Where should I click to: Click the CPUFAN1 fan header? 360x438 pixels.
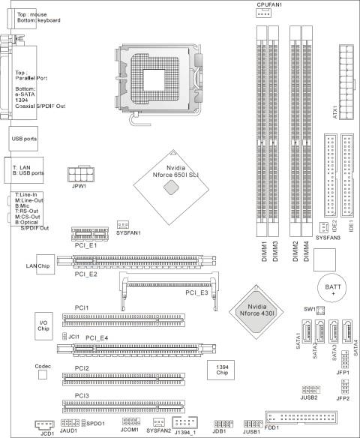(263, 13)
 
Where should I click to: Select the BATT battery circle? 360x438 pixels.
(333, 289)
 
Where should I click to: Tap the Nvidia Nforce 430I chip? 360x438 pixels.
(256, 312)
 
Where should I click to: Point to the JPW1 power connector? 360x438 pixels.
(81, 174)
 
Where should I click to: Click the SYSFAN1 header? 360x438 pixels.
(122, 224)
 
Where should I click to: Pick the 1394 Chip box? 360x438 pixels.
(220, 370)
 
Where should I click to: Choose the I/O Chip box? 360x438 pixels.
(43, 326)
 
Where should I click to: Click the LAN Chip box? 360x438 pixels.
(45, 264)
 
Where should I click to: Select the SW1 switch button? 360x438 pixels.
(320, 310)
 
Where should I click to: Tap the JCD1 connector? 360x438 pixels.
(44, 424)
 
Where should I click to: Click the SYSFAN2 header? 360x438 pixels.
(159, 421)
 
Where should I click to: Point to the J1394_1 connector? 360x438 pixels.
(185, 422)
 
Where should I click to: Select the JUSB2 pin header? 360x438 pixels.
(310, 389)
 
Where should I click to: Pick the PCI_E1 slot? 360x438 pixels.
(90, 234)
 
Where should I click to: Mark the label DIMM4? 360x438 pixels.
(307, 251)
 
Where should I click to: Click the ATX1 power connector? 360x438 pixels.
(346, 82)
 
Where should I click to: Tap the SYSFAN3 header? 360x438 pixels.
(323, 227)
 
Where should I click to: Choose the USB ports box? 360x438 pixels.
(23, 139)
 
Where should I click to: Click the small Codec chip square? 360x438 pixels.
(43, 374)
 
